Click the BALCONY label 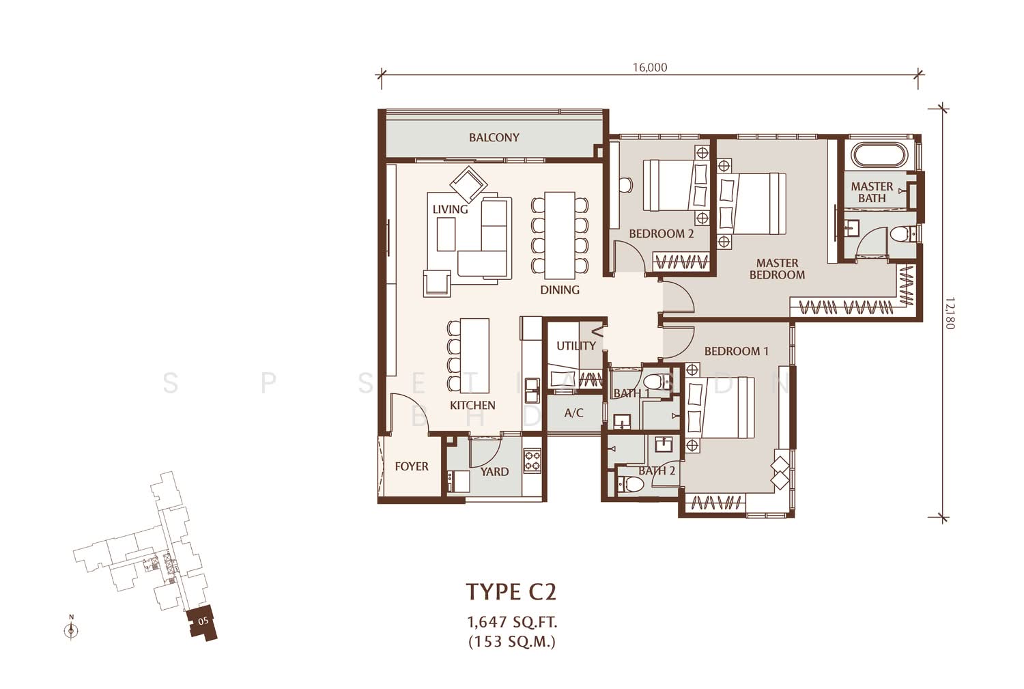click(494, 138)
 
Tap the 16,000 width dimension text click(650, 68)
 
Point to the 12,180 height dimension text click(950, 313)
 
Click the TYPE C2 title click(511, 591)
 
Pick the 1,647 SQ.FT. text click(512, 622)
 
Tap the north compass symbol click(71, 629)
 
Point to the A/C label click(573, 413)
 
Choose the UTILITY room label click(576, 346)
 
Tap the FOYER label click(412, 466)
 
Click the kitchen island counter click(474, 356)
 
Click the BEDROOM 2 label click(661, 234)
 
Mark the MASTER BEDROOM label click(777, 269)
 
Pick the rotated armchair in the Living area click(468, 184)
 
